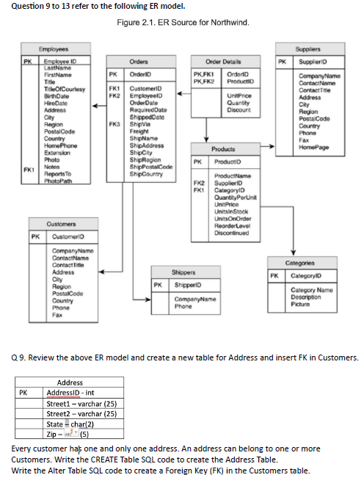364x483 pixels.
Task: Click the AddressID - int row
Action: click(71, 393)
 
